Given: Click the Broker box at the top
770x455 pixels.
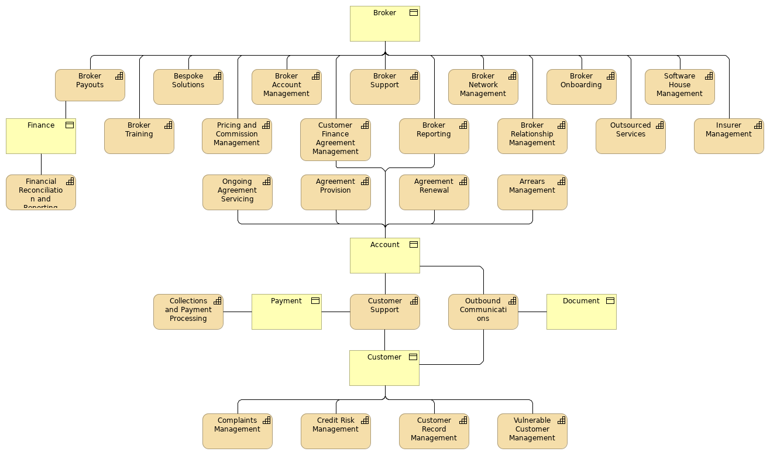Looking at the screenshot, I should [384, 24].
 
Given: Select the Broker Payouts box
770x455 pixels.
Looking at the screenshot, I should [90, 85].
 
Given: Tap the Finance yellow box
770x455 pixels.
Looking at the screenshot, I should [41, 136].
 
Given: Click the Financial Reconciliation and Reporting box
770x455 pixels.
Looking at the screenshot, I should [41, 193].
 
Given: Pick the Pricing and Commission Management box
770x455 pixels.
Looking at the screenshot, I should [237, 136].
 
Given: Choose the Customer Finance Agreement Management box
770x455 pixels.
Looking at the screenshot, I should [335, 140].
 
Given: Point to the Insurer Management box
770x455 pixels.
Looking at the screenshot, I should [728, 136].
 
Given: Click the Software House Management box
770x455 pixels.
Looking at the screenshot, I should [679, 87].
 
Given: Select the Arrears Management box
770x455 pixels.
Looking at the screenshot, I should [532, 193].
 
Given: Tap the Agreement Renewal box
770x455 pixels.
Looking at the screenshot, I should [434, 193].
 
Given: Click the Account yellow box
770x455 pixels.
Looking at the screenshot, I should [384, 256].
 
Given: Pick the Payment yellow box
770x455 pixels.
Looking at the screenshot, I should [286, 312].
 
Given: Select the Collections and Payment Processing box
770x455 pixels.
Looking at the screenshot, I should [188, 312].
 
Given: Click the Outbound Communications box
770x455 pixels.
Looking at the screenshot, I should [483, 312].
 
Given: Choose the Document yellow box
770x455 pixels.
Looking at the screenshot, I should [581, 312].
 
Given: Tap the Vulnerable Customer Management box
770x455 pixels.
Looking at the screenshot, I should [532, 432].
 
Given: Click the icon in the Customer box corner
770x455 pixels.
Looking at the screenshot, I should [413, 357].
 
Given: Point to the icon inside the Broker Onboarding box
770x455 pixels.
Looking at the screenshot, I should [610, 76].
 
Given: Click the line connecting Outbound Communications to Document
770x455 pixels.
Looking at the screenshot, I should [532, 312].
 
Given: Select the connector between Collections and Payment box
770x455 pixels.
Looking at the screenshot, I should [237, 312].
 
